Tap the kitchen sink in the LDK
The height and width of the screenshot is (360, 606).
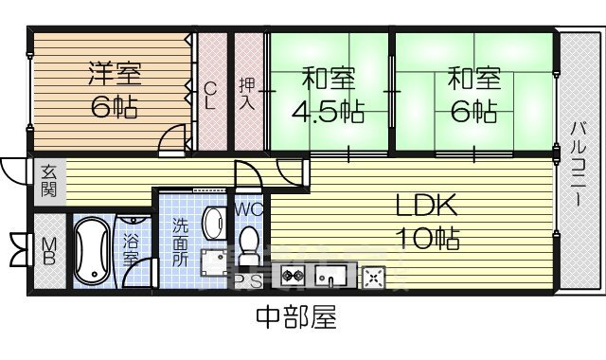point(332,277)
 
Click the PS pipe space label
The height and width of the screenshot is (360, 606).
point(249,281)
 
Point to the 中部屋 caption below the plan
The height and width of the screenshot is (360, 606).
point(294,316)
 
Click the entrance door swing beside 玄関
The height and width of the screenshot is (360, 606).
point(15,171)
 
